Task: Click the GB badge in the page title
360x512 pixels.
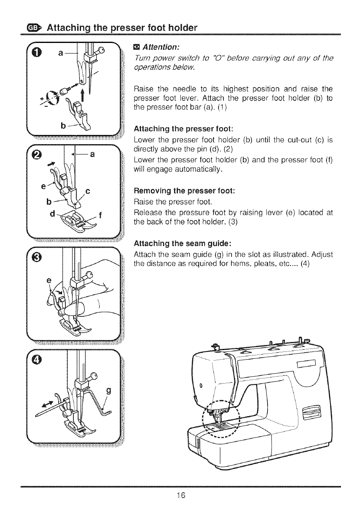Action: click(x=33, y=29)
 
